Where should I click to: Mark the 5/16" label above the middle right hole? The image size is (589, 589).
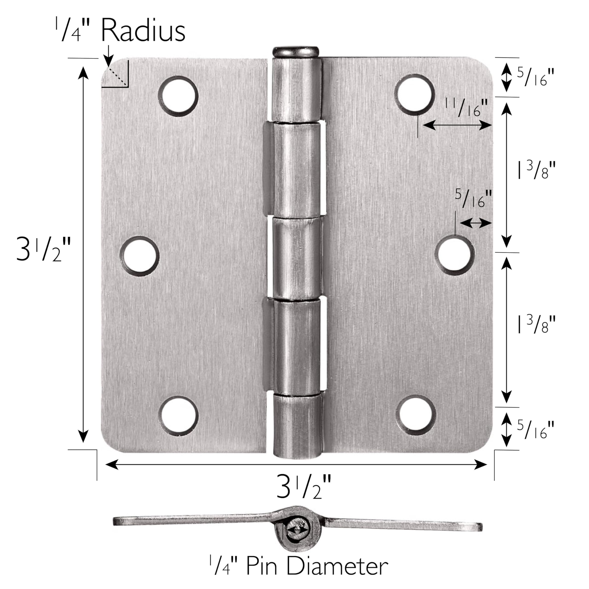474,199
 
